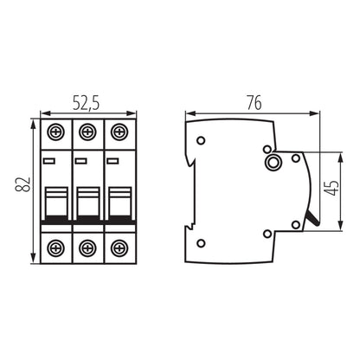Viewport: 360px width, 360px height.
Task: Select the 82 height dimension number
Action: (x=26, y=185)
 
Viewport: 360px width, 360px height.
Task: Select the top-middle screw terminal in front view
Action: (x=86, y=134)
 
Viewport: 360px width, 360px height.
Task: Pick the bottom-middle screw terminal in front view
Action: (x=86, y=247)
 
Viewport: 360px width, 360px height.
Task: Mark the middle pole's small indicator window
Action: (x=81, y=160)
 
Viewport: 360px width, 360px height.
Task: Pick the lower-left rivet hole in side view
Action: (x=202, y=242)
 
